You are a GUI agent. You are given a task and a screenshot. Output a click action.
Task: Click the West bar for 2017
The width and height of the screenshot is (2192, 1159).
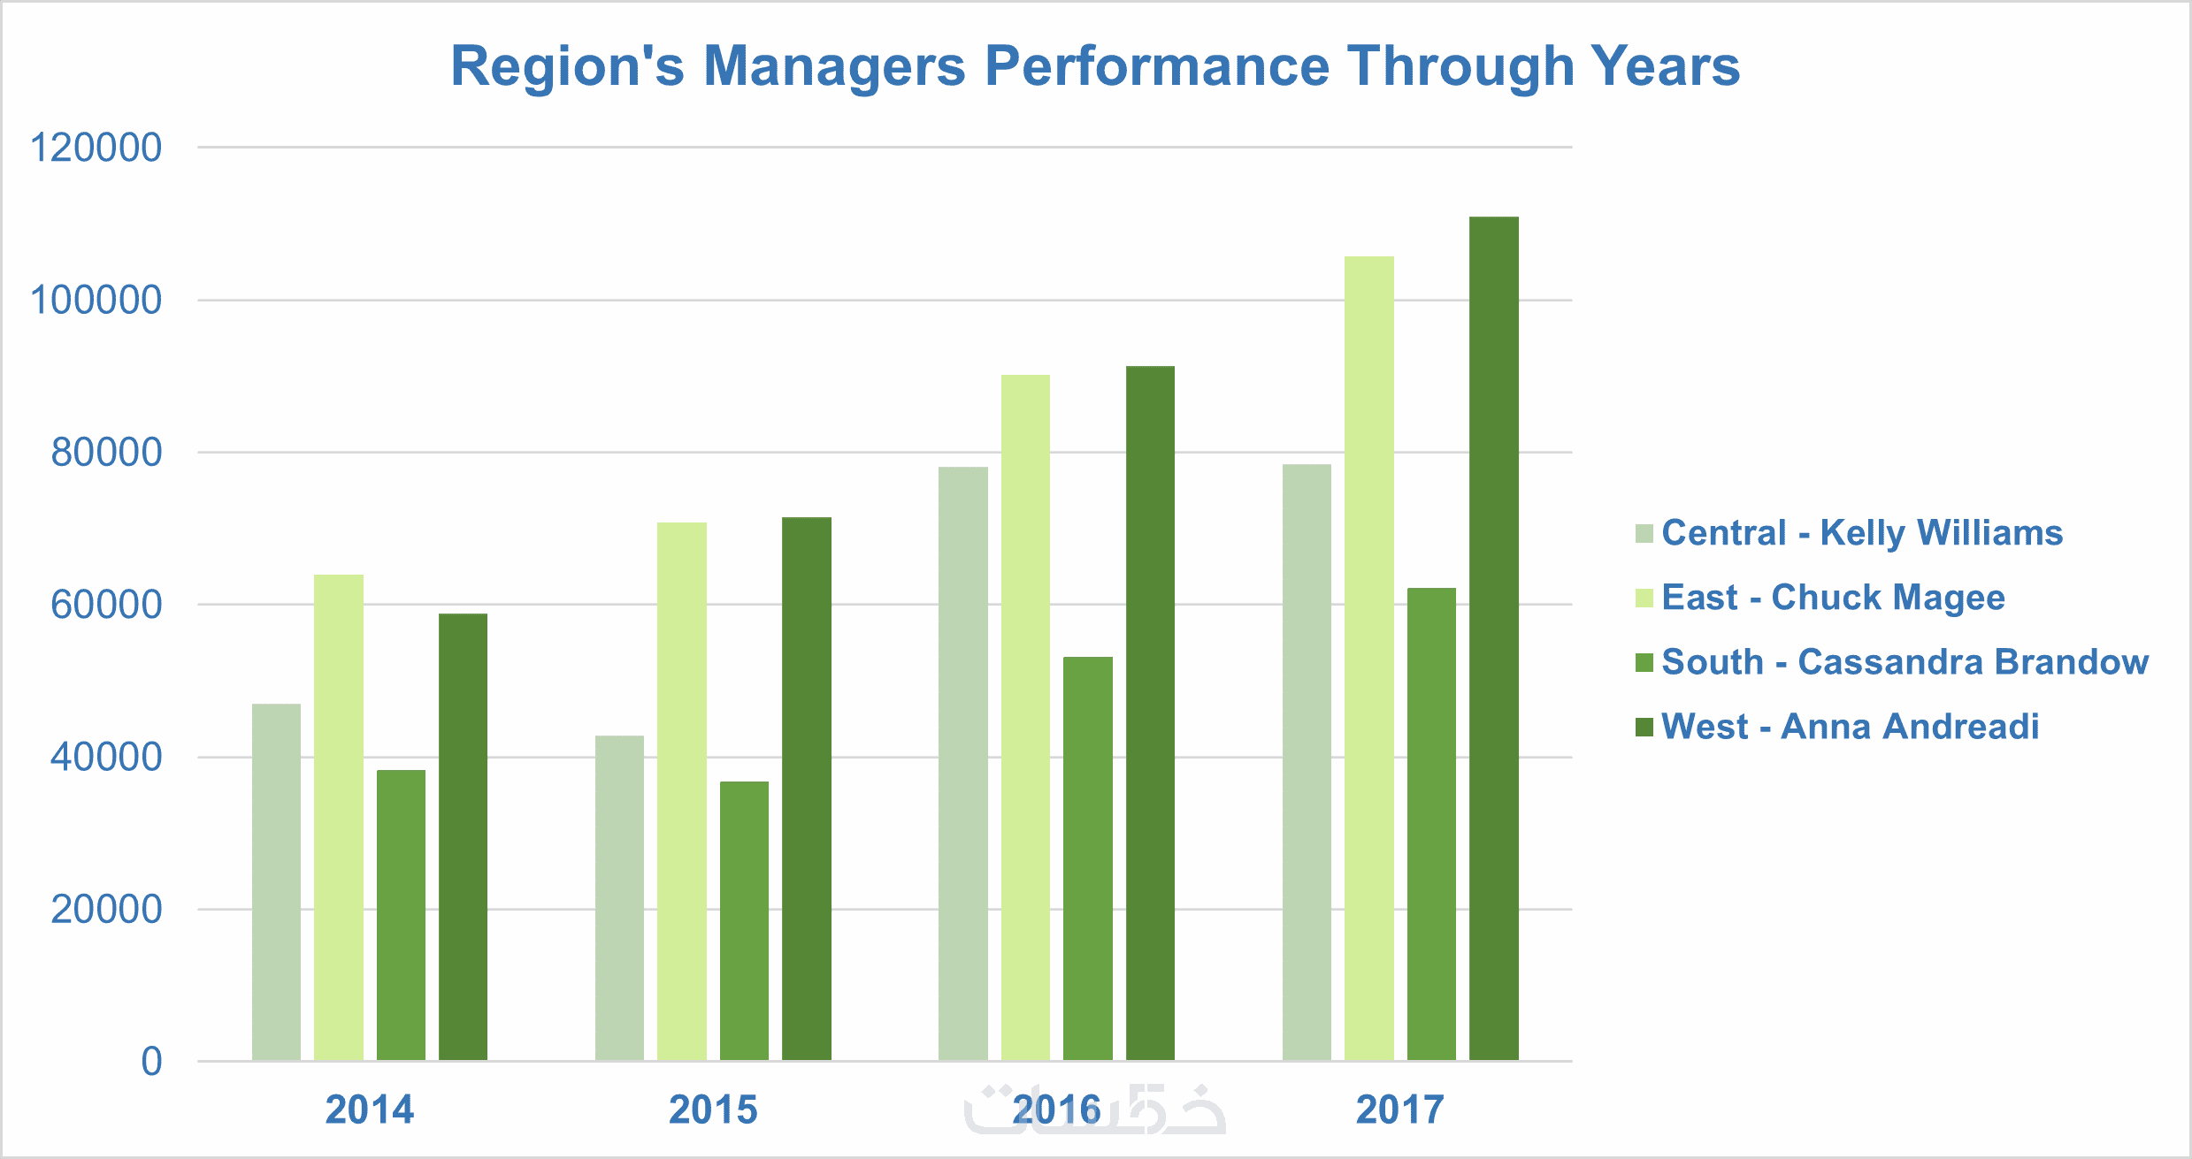pos(1493,638)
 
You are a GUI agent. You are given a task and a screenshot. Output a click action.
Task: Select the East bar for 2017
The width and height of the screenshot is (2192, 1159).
pos(1368,659)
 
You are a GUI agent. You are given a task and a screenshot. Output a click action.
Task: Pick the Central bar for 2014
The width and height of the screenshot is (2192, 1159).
pos(276,882)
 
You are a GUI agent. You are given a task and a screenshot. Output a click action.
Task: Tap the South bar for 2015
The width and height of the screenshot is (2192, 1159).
pos(744,921)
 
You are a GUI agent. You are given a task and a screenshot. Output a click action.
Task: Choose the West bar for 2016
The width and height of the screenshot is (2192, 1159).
pos(1150,713)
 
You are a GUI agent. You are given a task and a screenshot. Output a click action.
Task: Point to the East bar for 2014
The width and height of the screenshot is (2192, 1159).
pos(339,818)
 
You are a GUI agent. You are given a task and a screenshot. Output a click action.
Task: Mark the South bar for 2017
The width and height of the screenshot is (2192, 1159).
pos(1431,824)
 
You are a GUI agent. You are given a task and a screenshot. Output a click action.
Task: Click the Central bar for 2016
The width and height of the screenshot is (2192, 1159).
pos(962,764)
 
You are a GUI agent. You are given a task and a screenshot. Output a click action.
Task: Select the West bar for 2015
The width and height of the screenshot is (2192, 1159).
pos(807,789)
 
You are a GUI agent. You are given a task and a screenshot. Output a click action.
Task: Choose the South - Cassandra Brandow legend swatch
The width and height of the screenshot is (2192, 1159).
pos(1644,662)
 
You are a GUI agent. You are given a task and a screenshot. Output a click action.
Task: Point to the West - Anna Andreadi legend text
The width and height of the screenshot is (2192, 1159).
pos(1850,727)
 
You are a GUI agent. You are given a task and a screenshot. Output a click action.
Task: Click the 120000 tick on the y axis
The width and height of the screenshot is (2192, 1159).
pos(96,148)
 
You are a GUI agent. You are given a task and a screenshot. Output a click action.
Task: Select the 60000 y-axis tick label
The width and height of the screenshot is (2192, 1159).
pos(106,605)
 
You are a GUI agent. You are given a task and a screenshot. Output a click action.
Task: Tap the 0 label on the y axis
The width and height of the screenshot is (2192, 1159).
pos(151,1062)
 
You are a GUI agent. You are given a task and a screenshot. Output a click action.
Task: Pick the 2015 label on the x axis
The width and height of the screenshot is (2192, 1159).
pos(713,1109)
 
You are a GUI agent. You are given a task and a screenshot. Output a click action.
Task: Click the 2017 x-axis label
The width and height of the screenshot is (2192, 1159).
pos(1399,1109)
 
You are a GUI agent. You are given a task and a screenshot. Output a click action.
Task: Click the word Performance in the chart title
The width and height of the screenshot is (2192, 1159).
pos(1157,66)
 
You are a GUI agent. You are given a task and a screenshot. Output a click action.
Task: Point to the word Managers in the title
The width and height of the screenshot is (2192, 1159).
pos(833,66)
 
